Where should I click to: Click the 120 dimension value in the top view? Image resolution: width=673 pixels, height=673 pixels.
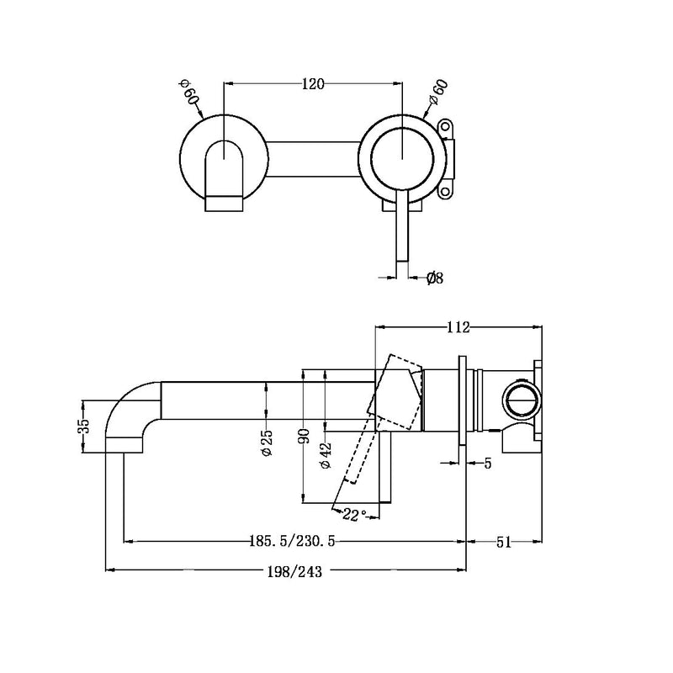point(314,83)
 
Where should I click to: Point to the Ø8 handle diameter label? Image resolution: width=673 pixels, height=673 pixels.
point(435,277)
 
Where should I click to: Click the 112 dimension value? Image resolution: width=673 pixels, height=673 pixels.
point(458,326)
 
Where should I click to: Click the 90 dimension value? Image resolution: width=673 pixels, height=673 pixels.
point(304,435)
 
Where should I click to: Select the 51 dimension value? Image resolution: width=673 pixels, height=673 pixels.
point(503,543)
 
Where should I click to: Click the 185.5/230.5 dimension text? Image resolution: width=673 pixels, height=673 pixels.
point(295,543)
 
